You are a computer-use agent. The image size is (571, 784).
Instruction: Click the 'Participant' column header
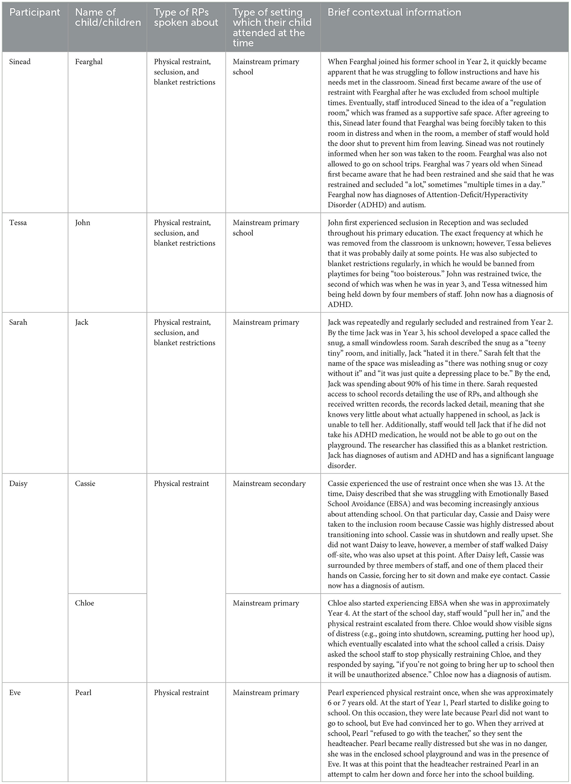(35, 12)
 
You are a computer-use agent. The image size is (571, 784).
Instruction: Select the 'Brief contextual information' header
(394, 12)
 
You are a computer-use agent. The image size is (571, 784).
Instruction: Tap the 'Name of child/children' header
(107, 17)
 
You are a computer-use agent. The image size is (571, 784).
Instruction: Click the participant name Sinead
(20, 62)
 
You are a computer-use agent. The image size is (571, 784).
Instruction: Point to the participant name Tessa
(18, 223)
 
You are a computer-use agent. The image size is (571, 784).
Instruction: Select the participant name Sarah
(18, 322)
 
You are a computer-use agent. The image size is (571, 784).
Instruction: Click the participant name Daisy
(18, 483)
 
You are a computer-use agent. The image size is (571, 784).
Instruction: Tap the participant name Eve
(15, 692)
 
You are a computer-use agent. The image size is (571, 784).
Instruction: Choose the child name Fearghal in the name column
(89, 62)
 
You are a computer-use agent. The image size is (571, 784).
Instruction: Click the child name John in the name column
(83, 223)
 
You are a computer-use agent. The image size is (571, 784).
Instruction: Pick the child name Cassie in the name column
(85, 483)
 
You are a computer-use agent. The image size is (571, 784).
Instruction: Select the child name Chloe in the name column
(85, 603)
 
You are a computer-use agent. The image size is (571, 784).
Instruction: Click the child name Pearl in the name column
(83, 692)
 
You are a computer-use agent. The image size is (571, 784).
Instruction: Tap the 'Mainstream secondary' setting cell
(269, 483)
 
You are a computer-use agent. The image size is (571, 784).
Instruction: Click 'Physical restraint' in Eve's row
(181, 692)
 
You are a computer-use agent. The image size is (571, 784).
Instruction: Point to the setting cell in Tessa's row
(266, 228)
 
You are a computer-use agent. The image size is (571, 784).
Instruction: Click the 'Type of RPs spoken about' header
(185, 17)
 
